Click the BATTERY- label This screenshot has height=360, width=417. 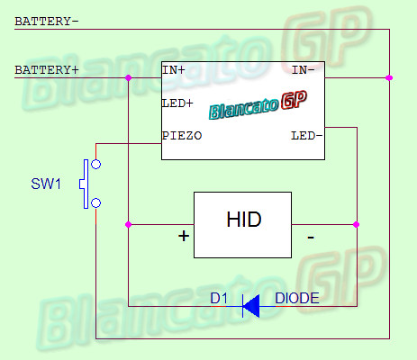point(47,22)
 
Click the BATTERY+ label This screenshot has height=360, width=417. point(47,70)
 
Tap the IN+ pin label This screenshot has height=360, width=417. point(174,70)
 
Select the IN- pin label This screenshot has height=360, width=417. point(304,70)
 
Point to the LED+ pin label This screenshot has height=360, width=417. point(177,103)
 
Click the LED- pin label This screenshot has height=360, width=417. point(307,136)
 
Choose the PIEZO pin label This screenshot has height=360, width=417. point(182,136)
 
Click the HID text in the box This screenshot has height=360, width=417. point(244,220)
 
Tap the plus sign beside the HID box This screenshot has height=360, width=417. point(184,236)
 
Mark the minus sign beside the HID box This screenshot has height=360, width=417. point(311,238)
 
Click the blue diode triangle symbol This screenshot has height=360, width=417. point(251,306)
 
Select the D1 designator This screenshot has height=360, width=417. point(219,298)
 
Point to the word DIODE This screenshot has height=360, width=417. point(297,298)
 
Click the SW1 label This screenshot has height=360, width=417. point(46,184)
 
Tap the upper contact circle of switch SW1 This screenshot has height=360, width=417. point(95,164)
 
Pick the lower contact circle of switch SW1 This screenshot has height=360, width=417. point(95,203)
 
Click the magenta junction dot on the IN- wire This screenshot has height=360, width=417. point(389,78)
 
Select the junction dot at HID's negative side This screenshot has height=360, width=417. point(357,224)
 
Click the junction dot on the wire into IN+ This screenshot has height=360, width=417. point(128,78)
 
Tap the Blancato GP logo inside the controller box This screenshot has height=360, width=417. point(258,105)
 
